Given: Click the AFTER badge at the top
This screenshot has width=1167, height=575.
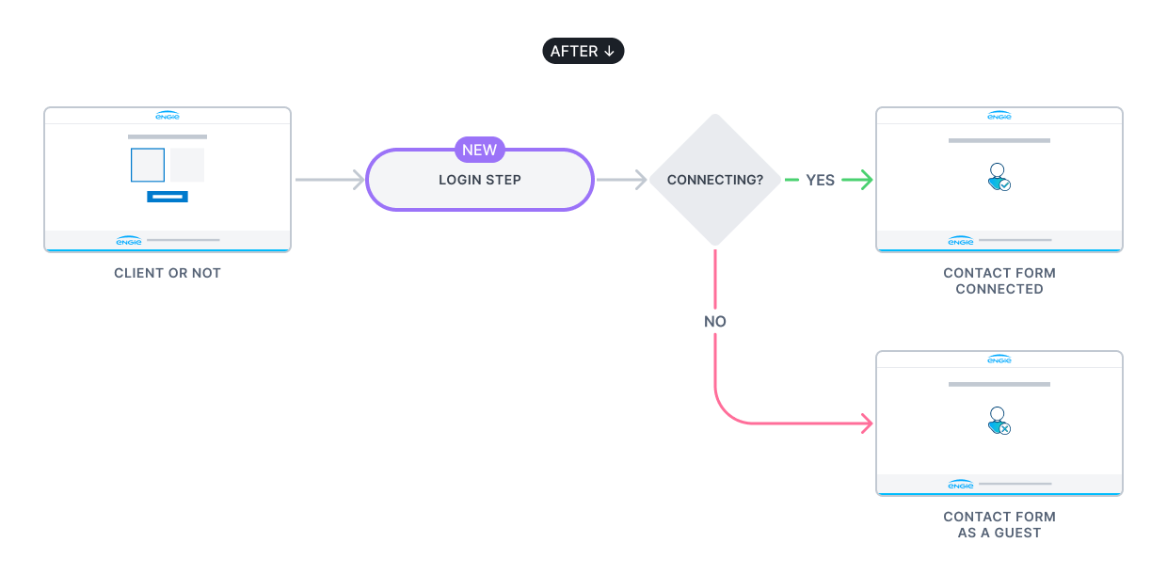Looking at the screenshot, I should click(x=583, y=51).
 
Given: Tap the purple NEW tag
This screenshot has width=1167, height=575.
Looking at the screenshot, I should click(x=479, y=150).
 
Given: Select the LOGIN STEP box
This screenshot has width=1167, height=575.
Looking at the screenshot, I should click(x=479, y=180).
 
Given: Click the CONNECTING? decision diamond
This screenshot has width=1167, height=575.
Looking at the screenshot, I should click(x=714, y=180).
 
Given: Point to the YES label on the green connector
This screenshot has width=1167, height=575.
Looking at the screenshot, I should click(x=820, y=180).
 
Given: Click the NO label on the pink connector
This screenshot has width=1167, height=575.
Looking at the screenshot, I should click(x=715, y=321).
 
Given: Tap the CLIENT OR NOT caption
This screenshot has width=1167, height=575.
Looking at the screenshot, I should click(x=168, y=273).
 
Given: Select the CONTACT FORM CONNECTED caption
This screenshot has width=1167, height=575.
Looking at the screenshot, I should click(x=999, y=280).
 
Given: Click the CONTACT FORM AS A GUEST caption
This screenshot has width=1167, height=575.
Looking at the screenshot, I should click(x=999, y=524).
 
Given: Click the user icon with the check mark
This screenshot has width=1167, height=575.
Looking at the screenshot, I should click(x=999, y=177).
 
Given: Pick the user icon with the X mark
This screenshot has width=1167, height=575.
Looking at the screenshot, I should click(x=999, y=421).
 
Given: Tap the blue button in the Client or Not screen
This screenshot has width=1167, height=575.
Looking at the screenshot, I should click(x=168, y=197).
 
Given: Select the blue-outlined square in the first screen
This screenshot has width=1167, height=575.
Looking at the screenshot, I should click(x=148, y=165).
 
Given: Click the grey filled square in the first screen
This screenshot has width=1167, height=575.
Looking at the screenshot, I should click(x=187, y=165).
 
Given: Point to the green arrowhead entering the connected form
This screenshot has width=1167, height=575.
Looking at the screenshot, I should click(x=867, y=180).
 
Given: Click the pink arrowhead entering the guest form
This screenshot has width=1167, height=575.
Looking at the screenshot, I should click(x=867, y=424).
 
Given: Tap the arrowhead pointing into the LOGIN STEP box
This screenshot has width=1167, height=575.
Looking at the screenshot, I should click(x=359, y=180).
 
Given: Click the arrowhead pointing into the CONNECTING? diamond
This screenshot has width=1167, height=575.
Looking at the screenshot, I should click(x=641, y=180).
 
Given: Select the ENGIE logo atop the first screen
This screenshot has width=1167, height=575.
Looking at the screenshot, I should click(x=168, y=116).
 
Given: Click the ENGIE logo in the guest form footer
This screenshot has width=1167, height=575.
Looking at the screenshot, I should click(x=960, y=485).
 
